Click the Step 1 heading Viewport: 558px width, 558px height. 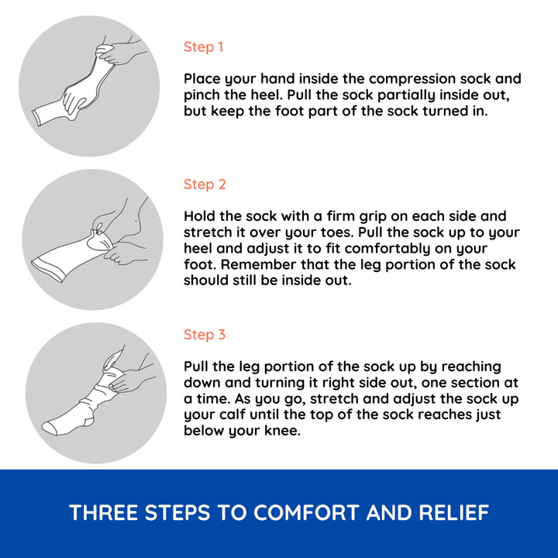coord(203,47)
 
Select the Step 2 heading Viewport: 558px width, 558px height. coord(205,184)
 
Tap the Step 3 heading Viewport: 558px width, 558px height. coord(205,335)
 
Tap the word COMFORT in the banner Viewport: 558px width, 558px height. coord(306,512)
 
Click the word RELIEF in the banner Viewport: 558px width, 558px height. coord(453,512)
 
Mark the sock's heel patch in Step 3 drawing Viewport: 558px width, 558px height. coord(88,420)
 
